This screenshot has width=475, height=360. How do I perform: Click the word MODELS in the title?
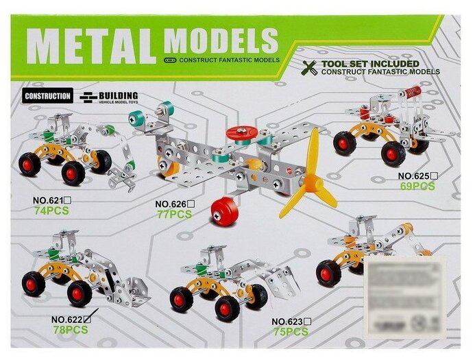(221, 40)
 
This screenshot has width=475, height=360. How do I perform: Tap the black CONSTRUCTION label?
(47, 97)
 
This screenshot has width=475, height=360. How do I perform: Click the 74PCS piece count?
(51, 211)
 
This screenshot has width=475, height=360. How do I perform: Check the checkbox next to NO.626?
(191, 203)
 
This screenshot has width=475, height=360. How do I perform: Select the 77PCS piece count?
(173, 214)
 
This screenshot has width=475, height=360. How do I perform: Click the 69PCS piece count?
(417, 187)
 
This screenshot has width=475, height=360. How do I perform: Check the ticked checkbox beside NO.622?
(87, 318)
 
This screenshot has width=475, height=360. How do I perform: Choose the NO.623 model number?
(287, 322)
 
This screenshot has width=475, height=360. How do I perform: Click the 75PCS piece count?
(289, 332)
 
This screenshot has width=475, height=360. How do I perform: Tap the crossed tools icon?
(310, 67)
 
